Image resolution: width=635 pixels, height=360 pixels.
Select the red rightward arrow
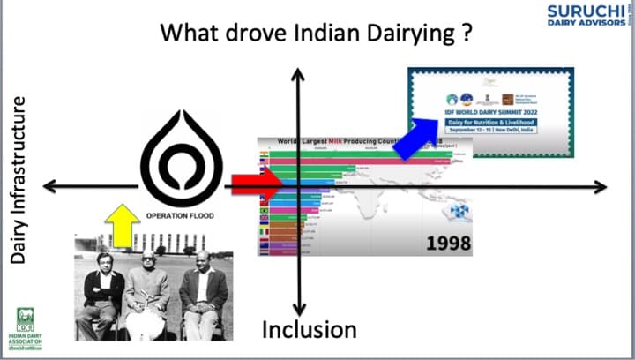point(257,185)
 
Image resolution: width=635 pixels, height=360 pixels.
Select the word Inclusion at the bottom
point(310,330)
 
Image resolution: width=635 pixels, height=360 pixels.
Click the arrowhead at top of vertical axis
point(299,76)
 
